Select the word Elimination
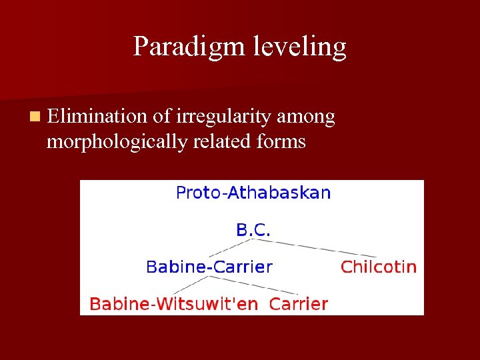click(x=97, y=117)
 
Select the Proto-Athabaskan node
click(x=253, y=193)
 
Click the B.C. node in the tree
click(x=253, y=231)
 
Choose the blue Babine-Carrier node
click(x=209, y=267)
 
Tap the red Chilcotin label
click(x=378, y=267)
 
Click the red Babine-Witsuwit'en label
click(x=173, y=305)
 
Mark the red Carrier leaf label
click(x=298, y=305)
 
